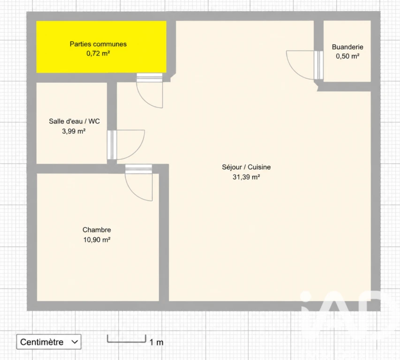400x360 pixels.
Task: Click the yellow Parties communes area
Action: pyautogui.click(x=101, y=47)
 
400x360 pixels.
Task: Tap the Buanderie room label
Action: pyautogui.click(x=347, y=47)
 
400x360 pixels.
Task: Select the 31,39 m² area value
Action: pyautogui.click(x=246, y=177)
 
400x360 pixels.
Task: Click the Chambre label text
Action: pyautogui.click(x=97, y=230)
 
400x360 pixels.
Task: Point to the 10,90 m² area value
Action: pyautogui.click(x=97, y=240)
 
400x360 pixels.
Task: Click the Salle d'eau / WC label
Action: pyautogui.click(x=74, y=121)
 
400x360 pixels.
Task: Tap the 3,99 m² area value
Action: pyautogui.click(x=74, y=131)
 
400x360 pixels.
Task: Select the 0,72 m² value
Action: pyautogui.click(x=98, y=53)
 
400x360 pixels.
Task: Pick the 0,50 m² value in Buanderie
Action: pyautogui.click(x=347, y=56)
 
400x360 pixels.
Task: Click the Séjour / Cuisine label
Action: pyautogui.click(x=246, y=167)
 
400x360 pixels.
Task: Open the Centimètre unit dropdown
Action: pyautogui.click(x=49, y=342)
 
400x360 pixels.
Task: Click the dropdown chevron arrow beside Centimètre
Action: pyautogui.click(x=75, y=342)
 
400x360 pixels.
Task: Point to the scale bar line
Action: pyautogui.click(x=127, y=342)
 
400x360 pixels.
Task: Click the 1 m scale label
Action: pyautogui.click(x=156, y=342)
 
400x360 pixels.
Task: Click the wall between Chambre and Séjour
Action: pyautogui.click(x=164, y=233)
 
